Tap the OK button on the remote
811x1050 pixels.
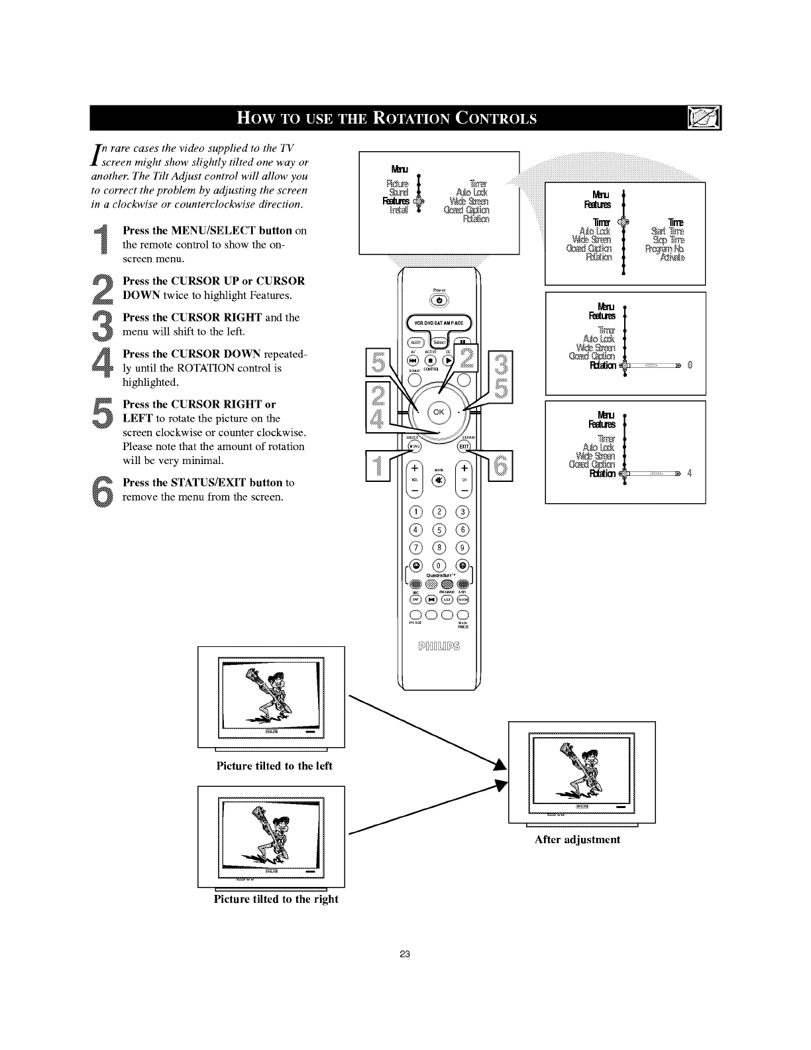(x=438, y=412)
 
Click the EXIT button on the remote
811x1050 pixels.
(x=464, y=446)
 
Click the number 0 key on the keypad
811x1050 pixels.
(x=439, y=565)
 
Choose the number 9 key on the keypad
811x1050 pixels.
(x=462, y=548)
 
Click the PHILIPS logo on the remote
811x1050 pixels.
(x=438, y=646)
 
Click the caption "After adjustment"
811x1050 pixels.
(x=577, y=840)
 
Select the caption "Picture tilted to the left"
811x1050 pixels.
(x=274, y=766)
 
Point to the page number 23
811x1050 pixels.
(x=405, y=955)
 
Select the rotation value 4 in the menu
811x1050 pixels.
(x=690, y=473)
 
